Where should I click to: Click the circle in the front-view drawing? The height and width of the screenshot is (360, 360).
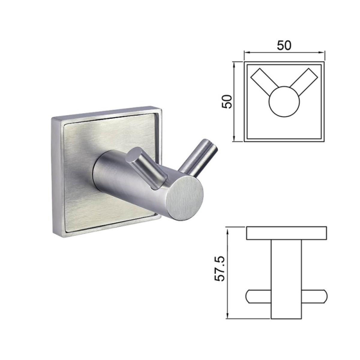point(284,102)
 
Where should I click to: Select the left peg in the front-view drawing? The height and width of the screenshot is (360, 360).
point(264,81)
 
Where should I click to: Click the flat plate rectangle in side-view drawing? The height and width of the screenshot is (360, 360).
point(286,233)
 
